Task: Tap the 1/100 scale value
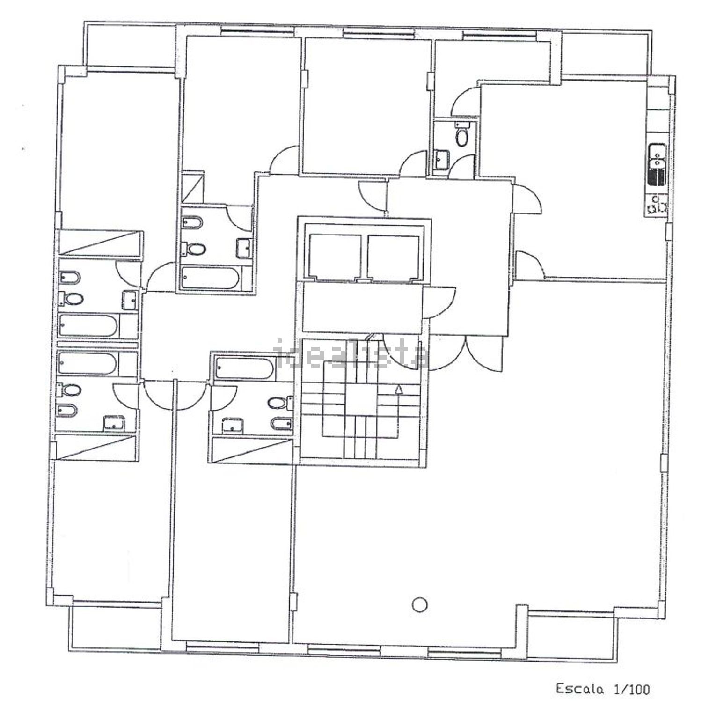632,689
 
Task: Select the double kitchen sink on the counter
658,165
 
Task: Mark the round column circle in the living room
420,604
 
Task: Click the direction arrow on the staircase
398,388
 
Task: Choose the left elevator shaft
335,257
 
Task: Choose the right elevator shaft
393,257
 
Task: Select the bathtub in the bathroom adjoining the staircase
244,368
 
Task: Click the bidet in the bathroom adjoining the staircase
281,423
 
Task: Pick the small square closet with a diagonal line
193,187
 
